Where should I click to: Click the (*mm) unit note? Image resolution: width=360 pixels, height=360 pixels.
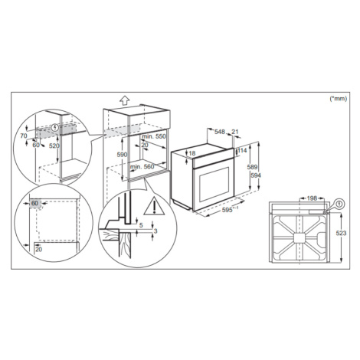[339, 99]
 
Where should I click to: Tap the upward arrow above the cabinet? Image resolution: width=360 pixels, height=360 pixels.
[124, 100]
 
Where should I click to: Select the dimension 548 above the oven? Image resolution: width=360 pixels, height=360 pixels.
[220, 132]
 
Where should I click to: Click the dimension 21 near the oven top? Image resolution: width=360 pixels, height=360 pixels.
[235, 132]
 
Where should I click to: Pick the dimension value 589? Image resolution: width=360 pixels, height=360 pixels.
[252, 167]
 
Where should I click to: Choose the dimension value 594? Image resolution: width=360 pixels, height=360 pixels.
[256, 175]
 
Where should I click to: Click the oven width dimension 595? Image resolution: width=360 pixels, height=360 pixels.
[227, 210]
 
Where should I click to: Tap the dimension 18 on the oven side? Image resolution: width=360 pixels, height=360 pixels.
[192, 153]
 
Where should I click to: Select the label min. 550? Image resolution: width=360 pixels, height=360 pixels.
[154, 136]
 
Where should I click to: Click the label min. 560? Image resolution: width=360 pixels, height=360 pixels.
[142, 167]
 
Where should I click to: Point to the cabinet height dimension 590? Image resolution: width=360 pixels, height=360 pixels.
[122, 155]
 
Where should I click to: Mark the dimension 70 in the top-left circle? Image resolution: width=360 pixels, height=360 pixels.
[24, 136]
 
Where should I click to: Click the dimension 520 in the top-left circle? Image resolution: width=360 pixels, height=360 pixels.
[54, 146]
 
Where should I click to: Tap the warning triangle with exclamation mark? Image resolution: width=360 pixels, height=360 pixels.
[154, 206]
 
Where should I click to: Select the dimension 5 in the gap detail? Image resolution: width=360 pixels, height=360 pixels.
[141, 225]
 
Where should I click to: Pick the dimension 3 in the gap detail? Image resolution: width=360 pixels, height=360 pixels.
[155, 231]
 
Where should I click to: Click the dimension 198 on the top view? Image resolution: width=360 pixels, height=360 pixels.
[312, 198]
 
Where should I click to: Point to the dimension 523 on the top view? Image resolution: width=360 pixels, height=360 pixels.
[341, 233]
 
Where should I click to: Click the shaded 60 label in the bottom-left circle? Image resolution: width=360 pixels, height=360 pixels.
[34, 204]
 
